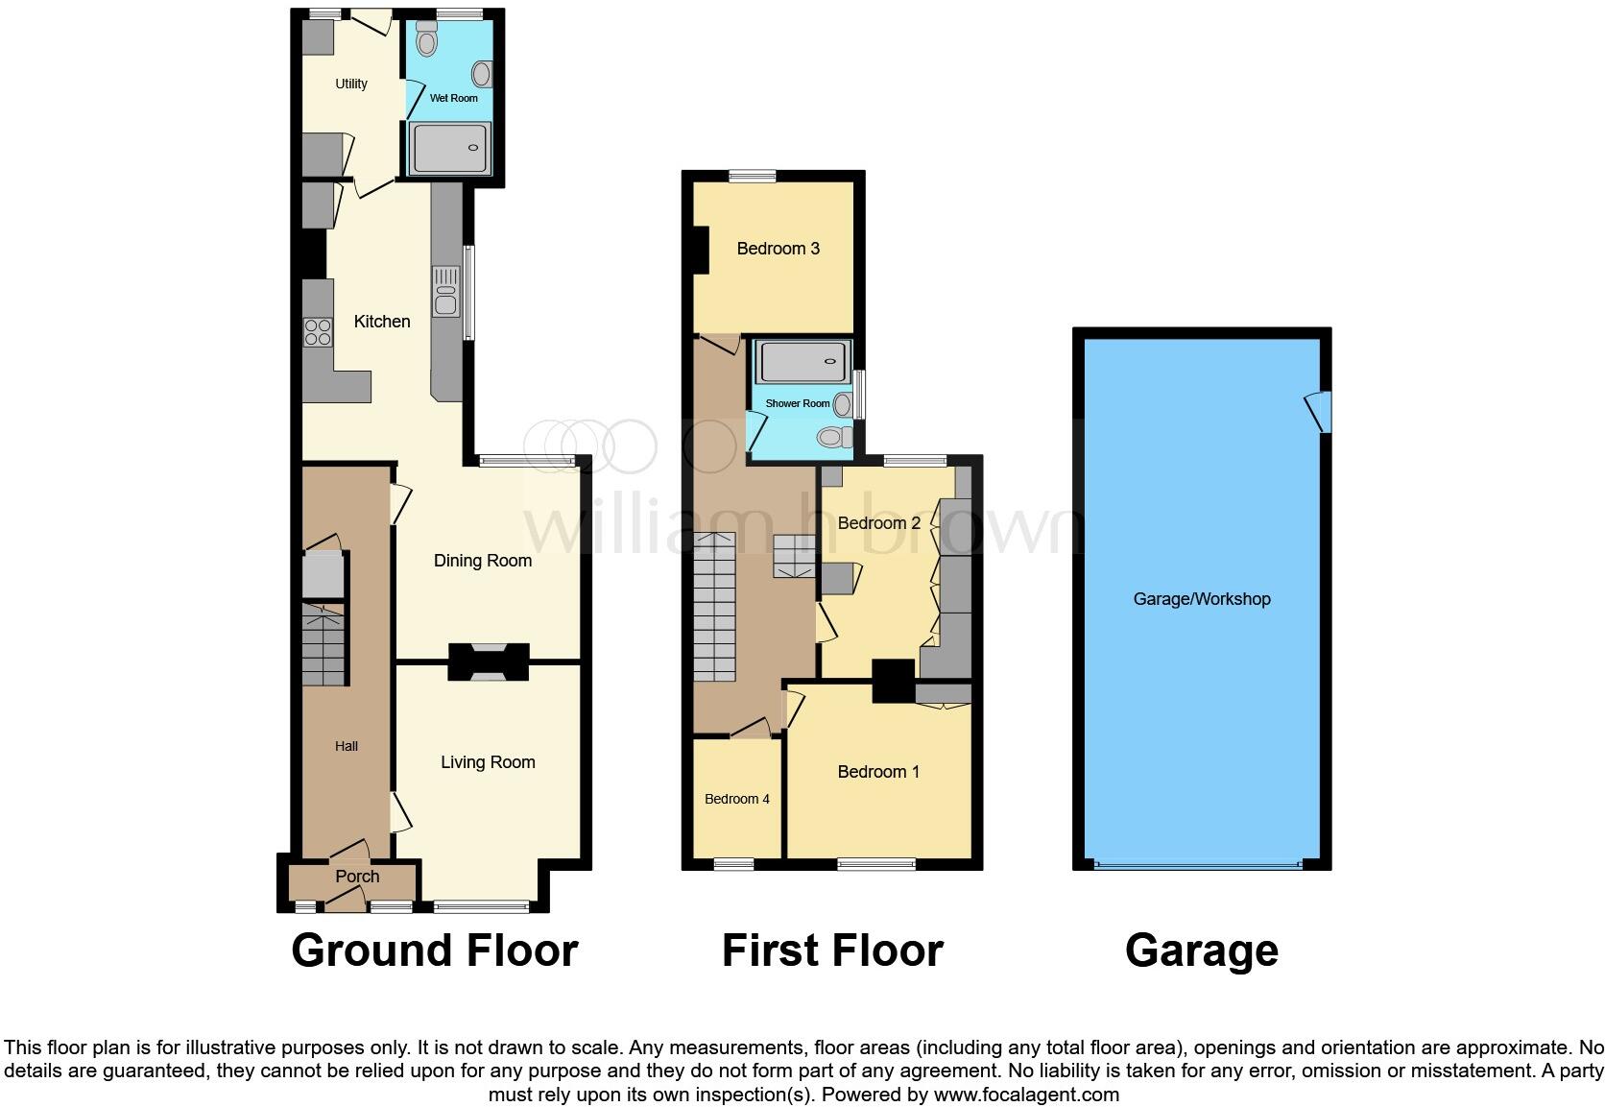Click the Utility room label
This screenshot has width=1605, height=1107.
coord(351,84)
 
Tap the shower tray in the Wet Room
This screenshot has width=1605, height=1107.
coord(450,148)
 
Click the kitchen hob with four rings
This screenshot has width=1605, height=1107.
coord(318,332)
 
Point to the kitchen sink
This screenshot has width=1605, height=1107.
coord(445,291)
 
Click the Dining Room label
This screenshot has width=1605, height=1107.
coord(482,561)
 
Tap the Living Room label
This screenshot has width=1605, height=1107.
coord(488,762)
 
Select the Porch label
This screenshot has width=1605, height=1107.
coord(357,877)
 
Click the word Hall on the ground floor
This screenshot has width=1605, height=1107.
coord(347,746)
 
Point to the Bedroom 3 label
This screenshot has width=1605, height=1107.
coord(778,249)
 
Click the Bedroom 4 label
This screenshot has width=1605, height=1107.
coord(736,799)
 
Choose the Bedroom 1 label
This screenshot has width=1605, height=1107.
coord(878,772)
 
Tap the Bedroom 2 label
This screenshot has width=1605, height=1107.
coord(878,523)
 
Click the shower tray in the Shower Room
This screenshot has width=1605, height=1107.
coord(803,362)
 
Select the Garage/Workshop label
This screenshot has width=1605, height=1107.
coord(1201,599)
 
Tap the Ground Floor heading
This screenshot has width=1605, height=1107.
coord(434,951)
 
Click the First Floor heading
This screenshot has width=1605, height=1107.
coord(831,951)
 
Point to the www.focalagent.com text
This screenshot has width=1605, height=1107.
coord(1025,1095)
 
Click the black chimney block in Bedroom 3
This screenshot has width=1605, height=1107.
coord(701,250)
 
